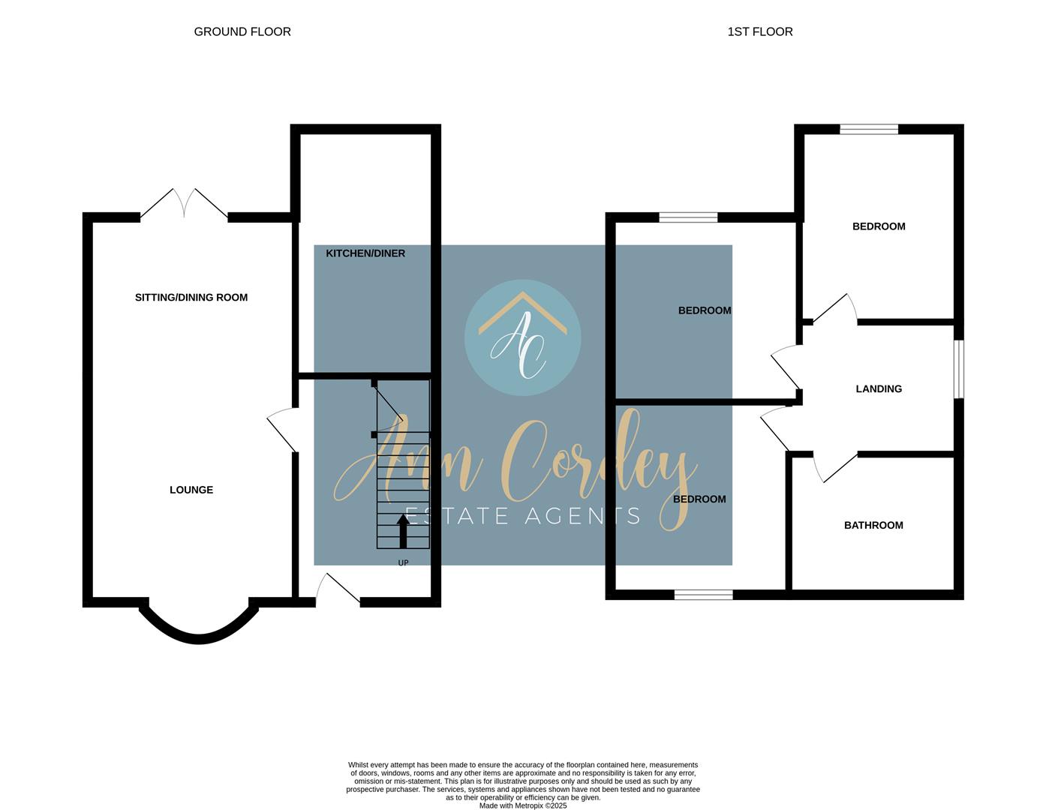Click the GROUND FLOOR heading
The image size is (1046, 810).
(242, 31)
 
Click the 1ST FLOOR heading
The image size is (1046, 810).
(759, 31)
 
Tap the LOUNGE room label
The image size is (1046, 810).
(191, 490)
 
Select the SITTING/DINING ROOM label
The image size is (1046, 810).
(191, 297)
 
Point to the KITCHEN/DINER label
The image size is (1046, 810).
(365, 253)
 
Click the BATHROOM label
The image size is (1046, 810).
(873, 525)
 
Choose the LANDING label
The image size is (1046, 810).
(879, 388)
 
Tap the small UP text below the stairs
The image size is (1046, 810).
(403, 562)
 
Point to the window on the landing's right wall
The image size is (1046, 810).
(958, 369)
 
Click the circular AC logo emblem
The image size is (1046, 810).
(522, 337)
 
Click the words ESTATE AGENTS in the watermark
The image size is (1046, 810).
(522, 516)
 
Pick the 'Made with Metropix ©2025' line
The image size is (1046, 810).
(523, 805)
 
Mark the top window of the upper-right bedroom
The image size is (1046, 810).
(868, 130)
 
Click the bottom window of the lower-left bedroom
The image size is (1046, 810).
(703, 595)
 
